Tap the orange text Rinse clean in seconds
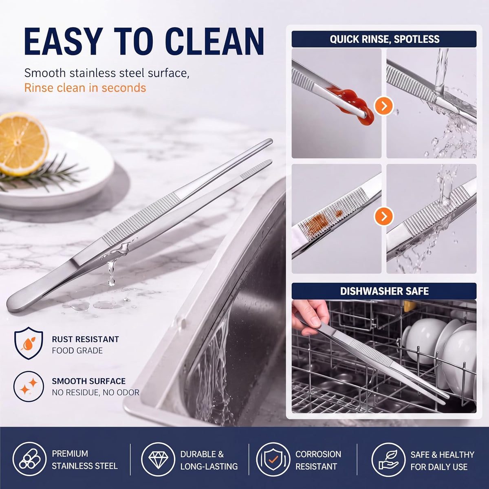click(x=85, y=88)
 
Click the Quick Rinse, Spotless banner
click(x=384, y=39)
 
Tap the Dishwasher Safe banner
click(x=384, y=291)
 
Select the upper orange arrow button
click(x=384, y=106)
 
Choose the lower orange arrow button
click(x=384, y=216)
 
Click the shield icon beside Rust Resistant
click(x=29, y=343)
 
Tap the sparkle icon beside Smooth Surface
click(x=29, y=386)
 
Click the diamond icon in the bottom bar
click(x=158, y=459)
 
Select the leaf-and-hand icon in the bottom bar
click(x=388, y=460)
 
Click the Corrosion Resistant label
click(x=318, y=460)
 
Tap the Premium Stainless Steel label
click(x=85, y=460)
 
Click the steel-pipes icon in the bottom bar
click(x=29, y=459)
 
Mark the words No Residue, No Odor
click(x=96, y=392)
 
